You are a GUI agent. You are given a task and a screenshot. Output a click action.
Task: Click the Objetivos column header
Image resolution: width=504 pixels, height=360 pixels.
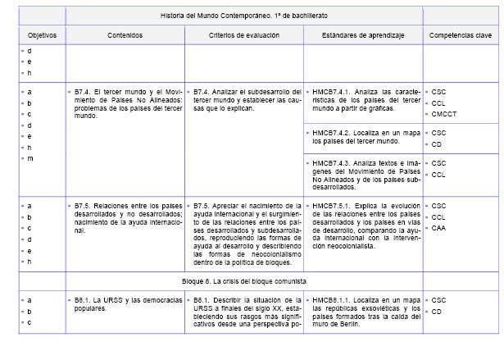[41, 35]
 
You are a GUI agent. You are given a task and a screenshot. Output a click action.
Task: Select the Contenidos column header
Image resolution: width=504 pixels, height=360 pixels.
[125, 35]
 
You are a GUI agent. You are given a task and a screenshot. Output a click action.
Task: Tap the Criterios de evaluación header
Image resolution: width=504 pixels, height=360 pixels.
[243, 35]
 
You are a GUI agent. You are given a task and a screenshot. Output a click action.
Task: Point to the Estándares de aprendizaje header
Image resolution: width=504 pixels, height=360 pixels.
[363, 35]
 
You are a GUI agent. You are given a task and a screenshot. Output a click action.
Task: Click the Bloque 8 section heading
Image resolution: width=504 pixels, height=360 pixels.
[244, 280]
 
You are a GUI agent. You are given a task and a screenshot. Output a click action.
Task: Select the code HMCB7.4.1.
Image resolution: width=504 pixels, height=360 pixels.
[332, 91]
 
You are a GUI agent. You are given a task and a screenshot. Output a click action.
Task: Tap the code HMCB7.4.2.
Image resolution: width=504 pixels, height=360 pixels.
[332, 132]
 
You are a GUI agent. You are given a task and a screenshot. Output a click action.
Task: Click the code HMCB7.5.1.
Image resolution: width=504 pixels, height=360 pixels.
[332, 204]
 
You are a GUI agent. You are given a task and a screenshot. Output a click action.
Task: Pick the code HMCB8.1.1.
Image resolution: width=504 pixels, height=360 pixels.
[332, 300]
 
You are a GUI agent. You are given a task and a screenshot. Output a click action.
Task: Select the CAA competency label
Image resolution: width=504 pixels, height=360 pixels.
[438, 227]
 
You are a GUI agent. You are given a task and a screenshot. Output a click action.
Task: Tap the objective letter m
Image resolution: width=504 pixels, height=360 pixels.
[30, 158]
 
